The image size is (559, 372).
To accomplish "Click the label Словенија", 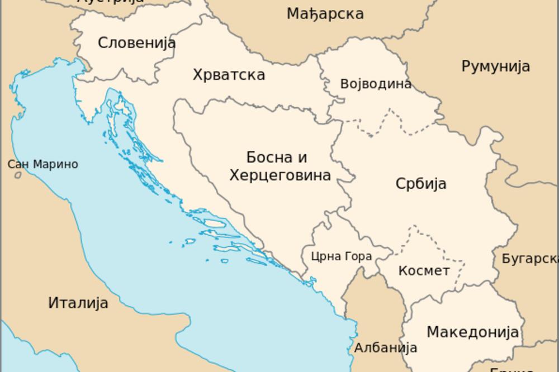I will coord(136,43).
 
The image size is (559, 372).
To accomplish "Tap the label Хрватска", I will coord(229,75).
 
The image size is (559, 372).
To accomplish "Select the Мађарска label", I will coord(325,14).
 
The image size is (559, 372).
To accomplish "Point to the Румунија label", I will coord(495,66).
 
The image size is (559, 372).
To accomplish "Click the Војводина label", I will coord(376,84).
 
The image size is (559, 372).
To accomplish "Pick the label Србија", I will coord(421,184).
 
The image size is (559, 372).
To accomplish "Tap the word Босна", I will coord(268,158).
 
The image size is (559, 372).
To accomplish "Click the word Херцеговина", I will coord(280,175).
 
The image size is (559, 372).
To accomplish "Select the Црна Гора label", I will coord(341,257).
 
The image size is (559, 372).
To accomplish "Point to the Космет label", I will coord(424,271).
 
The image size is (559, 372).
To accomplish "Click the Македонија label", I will coord(473,332).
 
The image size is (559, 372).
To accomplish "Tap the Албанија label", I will coord(386,347).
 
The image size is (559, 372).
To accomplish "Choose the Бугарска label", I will coord(529,259).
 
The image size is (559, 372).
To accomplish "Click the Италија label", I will coord(78,303).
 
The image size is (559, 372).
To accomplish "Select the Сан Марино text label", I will coord(42,165).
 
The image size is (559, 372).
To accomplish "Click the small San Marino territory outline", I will coord(18,175).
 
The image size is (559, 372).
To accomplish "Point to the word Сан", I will coord(18,165).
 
